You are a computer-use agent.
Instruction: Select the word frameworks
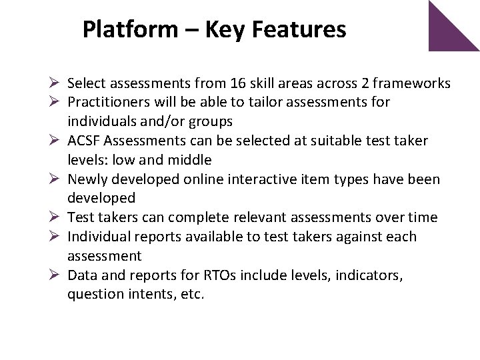pyautogui.click(x=411, y=83)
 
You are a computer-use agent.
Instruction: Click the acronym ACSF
pyautogui.click(x=83, y=141)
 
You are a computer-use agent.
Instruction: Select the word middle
pyautogui.click(x=189, y=160)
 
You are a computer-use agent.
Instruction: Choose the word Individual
pyautogui.click(x=99, y=237)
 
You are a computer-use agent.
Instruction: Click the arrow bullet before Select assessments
pyautogui.click(x=56, y=84)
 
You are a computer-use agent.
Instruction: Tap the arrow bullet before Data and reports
pyautogui.click(x=56, y=275)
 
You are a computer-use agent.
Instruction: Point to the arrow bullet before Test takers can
pyautogui.click(x=56, y=217)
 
